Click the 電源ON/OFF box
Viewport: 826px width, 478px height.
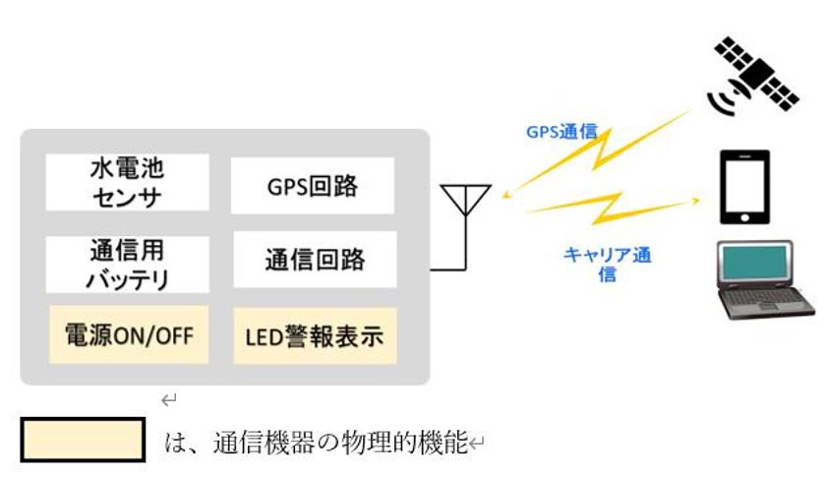click(127, 335)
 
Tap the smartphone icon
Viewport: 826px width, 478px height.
click(744, 187)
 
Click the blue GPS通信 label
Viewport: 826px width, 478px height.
click(561, 131)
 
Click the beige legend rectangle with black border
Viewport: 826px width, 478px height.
click(84, 440)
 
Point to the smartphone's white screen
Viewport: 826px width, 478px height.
click(744, 185)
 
